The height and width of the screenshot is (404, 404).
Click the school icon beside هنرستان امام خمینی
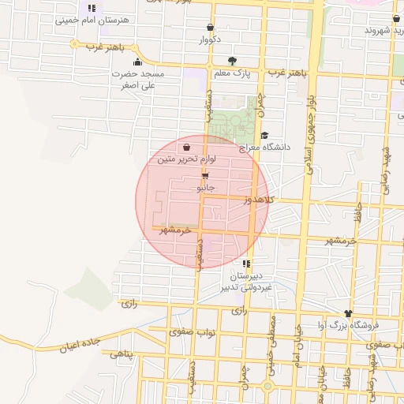coord(92,8)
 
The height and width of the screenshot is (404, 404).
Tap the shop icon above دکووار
coord(209,26)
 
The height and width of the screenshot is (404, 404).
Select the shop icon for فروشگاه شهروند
coord(395,18)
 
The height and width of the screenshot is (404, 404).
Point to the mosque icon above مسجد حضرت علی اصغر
coord(137,62)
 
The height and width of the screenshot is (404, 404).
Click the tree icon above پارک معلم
coord(231,61)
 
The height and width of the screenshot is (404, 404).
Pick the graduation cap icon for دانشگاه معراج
coord(264,135)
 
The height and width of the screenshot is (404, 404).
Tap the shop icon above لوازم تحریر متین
coord(185,147)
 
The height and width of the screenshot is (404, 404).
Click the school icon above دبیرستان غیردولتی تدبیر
coord(247,264)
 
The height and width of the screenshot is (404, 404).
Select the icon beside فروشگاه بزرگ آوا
coord(347,313)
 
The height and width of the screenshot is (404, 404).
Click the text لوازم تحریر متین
coord(188,159)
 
